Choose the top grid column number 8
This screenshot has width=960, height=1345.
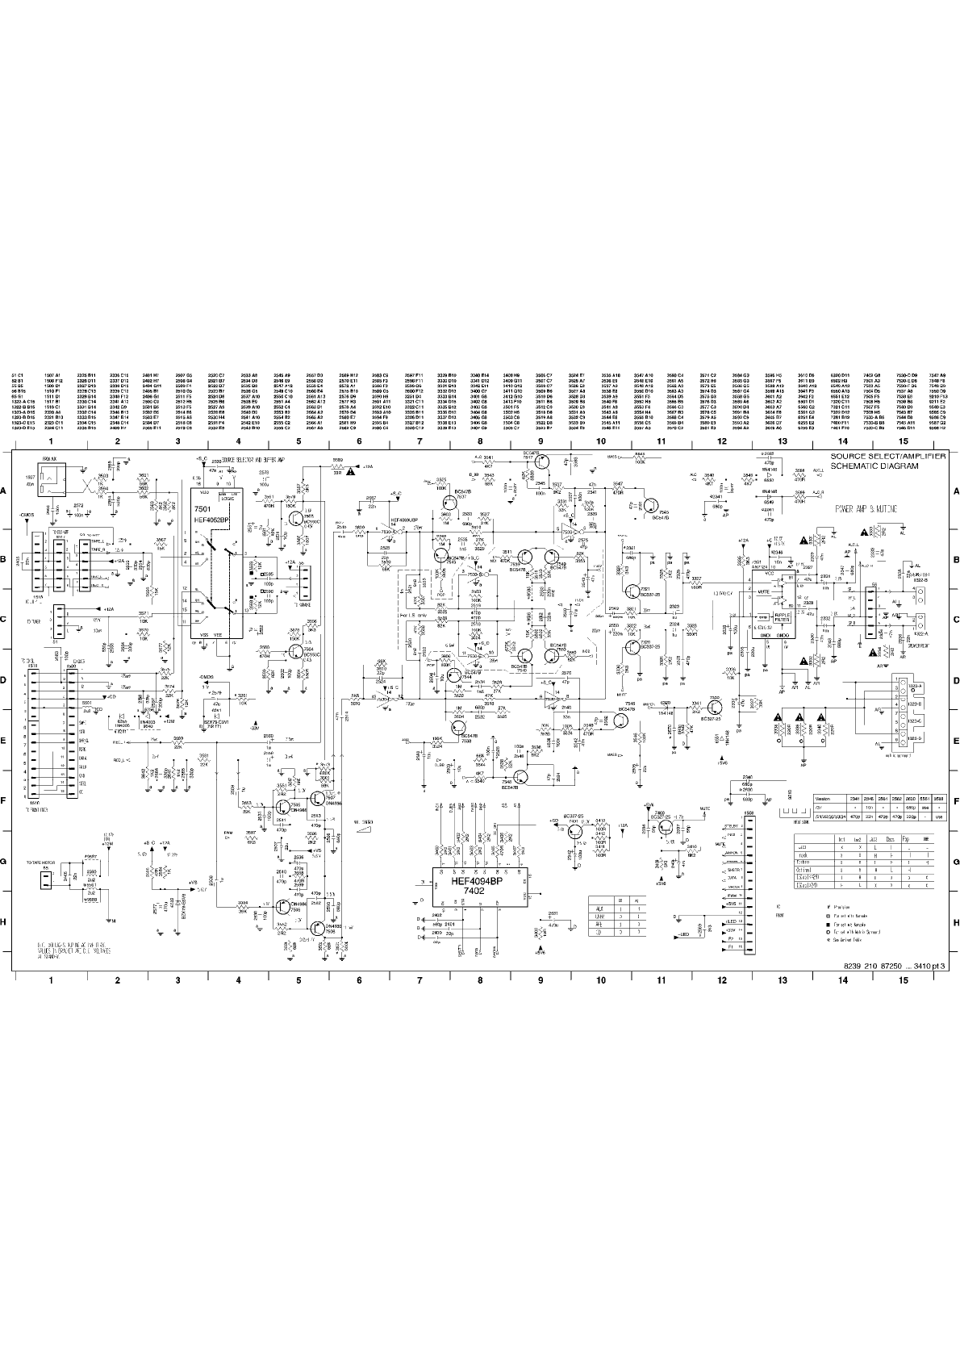coord(479,441)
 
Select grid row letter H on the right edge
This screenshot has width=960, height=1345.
coord(956,922)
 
